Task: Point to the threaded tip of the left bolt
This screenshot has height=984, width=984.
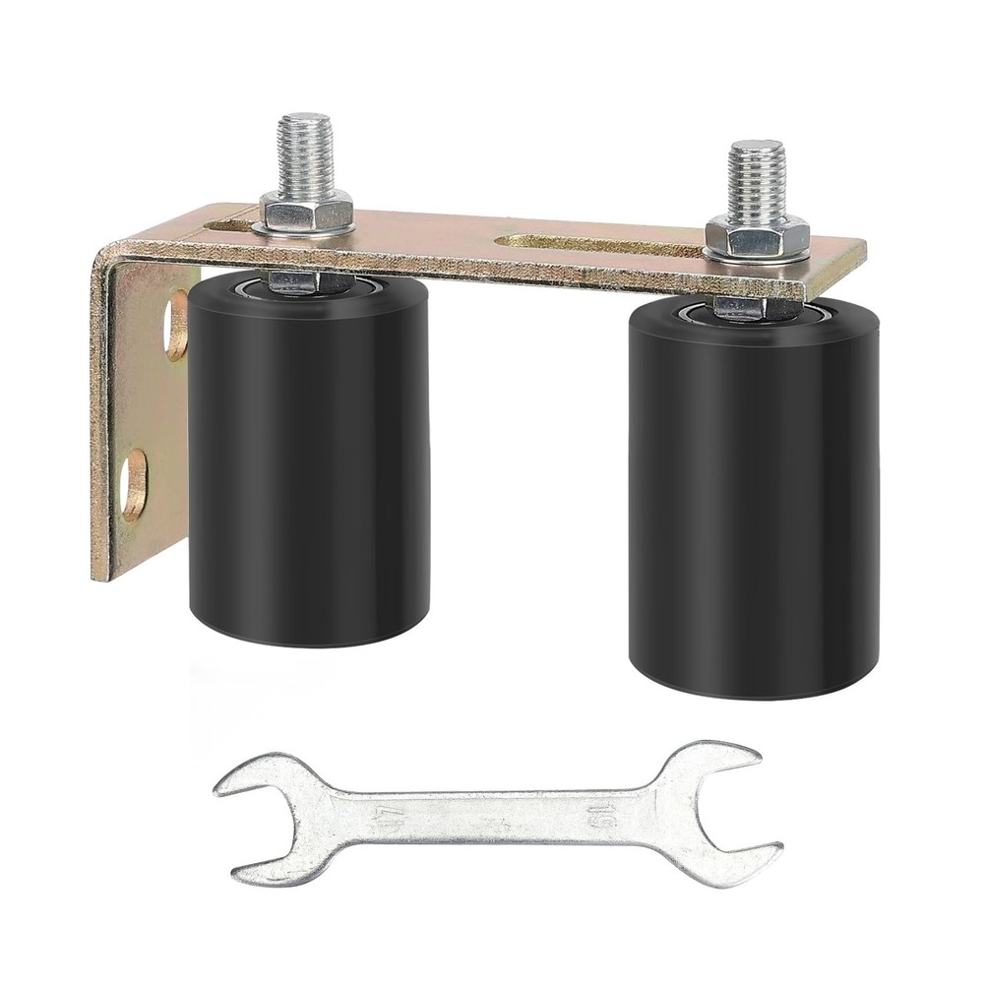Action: [306, 148]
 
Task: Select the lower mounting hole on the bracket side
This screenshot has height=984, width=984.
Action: [135, 482]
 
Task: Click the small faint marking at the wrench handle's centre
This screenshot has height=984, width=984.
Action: [490, 816]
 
